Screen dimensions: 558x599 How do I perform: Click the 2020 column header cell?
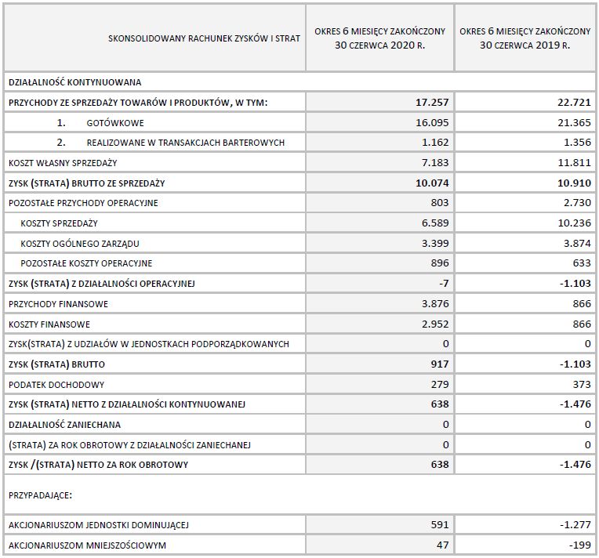tap(379, 38)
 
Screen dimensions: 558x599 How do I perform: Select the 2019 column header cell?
tap(525, 38)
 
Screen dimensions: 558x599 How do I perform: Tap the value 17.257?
tap(432, 102)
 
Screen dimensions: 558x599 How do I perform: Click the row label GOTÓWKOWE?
tap(115, 122)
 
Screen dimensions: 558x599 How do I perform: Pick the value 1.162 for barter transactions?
tap(434, 142)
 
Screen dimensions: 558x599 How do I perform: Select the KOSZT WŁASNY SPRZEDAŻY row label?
tap(63, 162)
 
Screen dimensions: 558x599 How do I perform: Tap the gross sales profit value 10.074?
tap(432, 183)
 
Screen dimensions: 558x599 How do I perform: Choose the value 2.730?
tap(576, 202)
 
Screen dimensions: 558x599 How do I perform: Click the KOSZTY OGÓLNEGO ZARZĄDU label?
tap(81, 243)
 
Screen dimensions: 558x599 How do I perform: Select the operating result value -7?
tap(443, 283)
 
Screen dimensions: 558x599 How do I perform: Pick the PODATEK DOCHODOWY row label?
tap(56, 384)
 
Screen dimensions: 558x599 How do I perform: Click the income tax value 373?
tap(580, 384)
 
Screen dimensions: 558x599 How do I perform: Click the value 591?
tap(439, 524)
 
